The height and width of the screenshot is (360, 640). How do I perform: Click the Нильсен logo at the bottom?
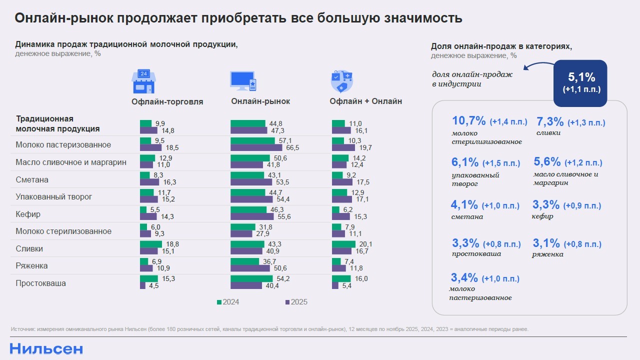click(x=46, y=349)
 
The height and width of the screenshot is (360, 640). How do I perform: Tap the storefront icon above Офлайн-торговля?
click(x=143, y=81)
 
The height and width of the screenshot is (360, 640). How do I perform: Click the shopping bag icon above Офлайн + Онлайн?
click(x=341, y=81)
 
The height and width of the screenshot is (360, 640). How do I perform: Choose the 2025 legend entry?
click(x=296, y=302)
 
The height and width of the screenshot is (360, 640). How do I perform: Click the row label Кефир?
click(x=28, y=214)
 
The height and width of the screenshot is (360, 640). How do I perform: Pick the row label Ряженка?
click(x=31, y=266)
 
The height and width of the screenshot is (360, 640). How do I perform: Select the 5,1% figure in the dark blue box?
click(x=581, y=77)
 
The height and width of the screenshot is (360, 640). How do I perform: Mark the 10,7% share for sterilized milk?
click(x=468, y=121)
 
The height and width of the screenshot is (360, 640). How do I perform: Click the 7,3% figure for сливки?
click(x=550, y=121)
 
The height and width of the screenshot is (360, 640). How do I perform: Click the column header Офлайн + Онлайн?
click(x=365, y=101)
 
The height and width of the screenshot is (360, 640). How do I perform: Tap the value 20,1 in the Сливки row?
click(x=366, y=244)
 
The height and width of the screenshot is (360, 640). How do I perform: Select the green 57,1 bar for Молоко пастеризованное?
click(x=252, y=141)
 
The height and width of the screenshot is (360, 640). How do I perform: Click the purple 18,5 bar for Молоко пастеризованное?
click(x=150, y=148)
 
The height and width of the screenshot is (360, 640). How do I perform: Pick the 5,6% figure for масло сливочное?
click(x=547, y=162)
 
